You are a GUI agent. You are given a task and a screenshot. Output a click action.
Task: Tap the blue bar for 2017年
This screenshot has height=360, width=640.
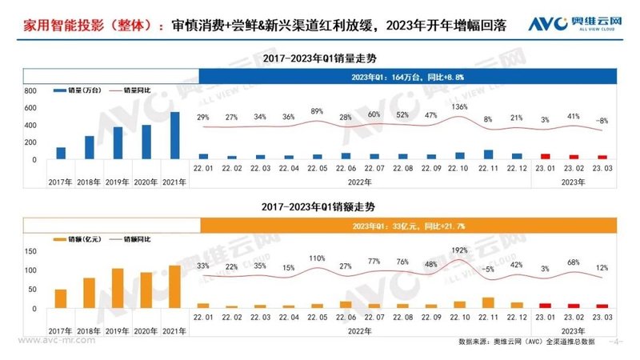[61, 154]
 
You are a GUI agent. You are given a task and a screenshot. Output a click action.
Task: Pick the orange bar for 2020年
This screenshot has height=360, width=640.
[146, 290]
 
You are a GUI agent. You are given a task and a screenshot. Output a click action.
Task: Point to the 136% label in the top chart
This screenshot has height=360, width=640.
[460, 106]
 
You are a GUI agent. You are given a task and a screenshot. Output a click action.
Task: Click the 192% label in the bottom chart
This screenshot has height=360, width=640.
[460, 250]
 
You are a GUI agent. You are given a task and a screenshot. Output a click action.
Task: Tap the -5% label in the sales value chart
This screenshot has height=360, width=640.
[488, 269]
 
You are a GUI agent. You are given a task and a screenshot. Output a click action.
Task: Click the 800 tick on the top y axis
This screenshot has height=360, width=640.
[30, 92]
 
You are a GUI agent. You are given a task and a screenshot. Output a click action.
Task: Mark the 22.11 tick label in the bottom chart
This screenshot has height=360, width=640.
[488, 318]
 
